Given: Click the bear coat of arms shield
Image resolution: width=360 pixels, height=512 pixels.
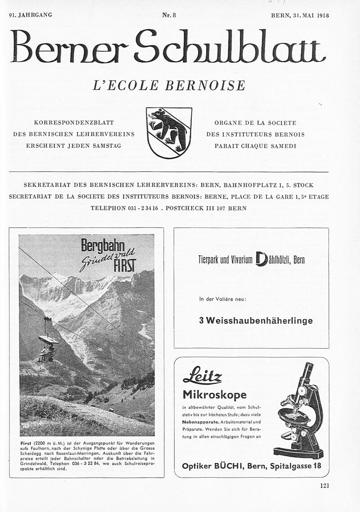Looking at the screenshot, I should [169, 132].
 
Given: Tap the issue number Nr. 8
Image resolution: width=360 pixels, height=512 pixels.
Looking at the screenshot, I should [169, 15].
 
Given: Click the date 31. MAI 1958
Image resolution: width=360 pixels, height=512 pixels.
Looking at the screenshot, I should [311, 15].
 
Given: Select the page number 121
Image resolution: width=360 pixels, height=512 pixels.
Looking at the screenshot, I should [324, 485].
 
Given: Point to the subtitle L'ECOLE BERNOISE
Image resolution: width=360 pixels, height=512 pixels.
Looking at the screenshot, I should [169, 85].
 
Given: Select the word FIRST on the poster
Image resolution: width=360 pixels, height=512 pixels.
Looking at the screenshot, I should [124, 267].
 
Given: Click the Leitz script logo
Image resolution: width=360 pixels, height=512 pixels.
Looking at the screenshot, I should [202, 375].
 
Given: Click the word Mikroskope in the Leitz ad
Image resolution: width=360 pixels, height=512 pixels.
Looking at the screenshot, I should [214, 395].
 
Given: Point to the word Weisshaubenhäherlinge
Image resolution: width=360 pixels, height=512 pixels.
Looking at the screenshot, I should [256, 321].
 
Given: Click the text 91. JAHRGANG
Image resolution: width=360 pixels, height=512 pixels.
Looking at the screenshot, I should [30, 15].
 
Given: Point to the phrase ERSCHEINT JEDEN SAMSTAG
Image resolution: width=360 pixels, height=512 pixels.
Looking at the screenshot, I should [74, 146].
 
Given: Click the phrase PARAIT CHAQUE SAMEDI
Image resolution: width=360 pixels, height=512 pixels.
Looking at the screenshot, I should [255, 146].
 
